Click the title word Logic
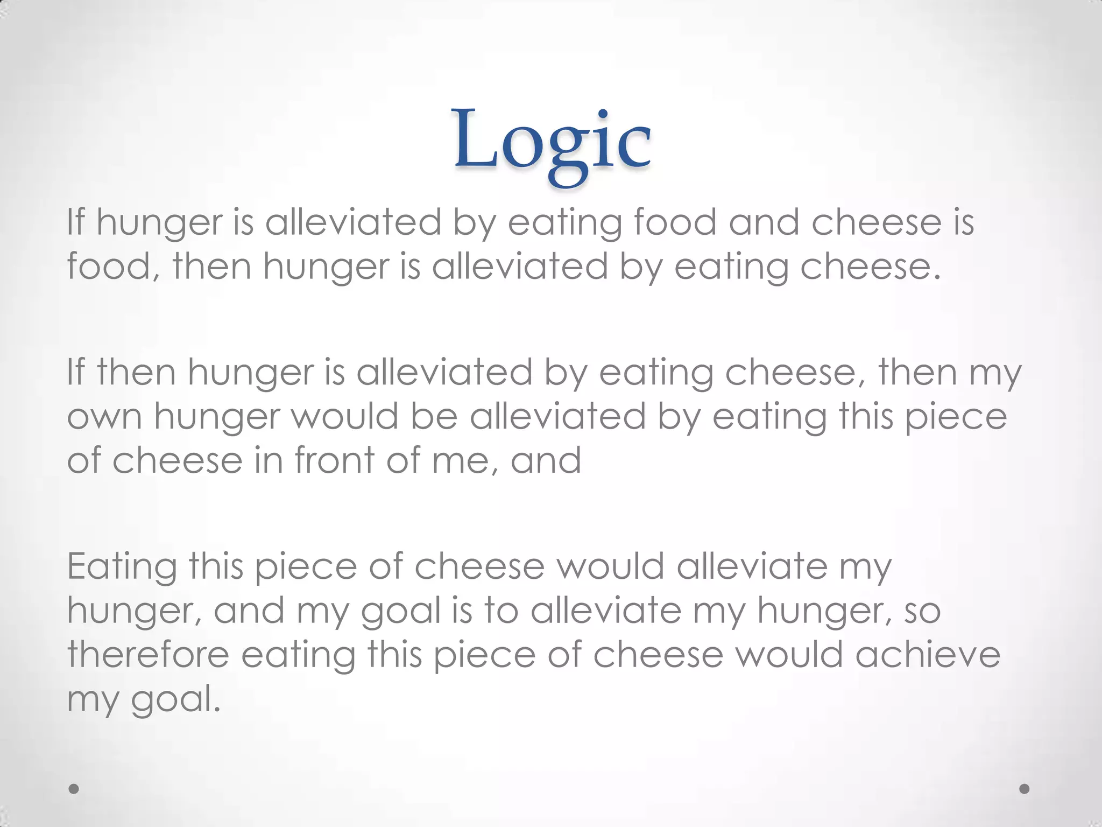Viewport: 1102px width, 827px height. [552, 141]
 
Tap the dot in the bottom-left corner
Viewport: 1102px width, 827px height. [74, 788]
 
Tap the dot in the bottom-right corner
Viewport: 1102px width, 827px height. [1025, 788]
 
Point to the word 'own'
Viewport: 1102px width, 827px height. [104, 417]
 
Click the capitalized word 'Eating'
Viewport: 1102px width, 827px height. [122, 568]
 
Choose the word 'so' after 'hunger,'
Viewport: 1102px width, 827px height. [922, 611]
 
